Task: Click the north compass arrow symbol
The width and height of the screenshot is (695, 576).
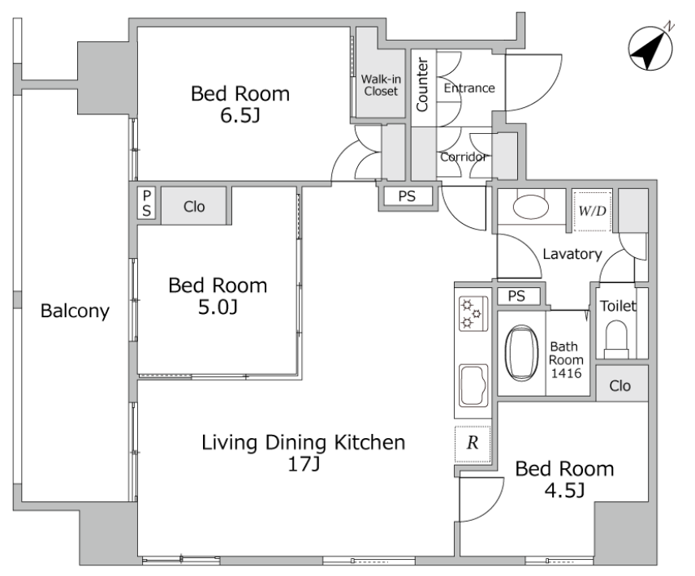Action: tap(650, 48)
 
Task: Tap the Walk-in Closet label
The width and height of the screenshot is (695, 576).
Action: tap(381, 85)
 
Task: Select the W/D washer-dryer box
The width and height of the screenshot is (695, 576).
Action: tap(592, 211)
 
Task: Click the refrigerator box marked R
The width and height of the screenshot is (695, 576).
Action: tap(473, 443)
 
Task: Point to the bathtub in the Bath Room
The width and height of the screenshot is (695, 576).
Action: tap(522, 353)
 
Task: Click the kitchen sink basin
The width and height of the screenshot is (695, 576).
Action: tap(473, 385)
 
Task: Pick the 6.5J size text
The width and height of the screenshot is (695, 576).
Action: tap(240, 115)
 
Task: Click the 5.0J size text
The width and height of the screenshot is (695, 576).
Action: tap(218, 307)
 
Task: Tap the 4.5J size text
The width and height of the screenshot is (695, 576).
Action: tap(564, 490)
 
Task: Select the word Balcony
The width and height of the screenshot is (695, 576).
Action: tap(75, 311)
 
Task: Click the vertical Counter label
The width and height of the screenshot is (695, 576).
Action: tap(422, 84)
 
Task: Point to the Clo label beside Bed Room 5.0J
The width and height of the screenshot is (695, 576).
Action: tap(194, 206)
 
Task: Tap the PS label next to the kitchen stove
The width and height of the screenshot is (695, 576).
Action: tap(516, 296)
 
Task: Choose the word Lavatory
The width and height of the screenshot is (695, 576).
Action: tap(572, 254)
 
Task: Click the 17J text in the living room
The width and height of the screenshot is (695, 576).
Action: tap(304, 463)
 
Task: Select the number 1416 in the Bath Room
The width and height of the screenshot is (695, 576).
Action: tap(566, 373)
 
